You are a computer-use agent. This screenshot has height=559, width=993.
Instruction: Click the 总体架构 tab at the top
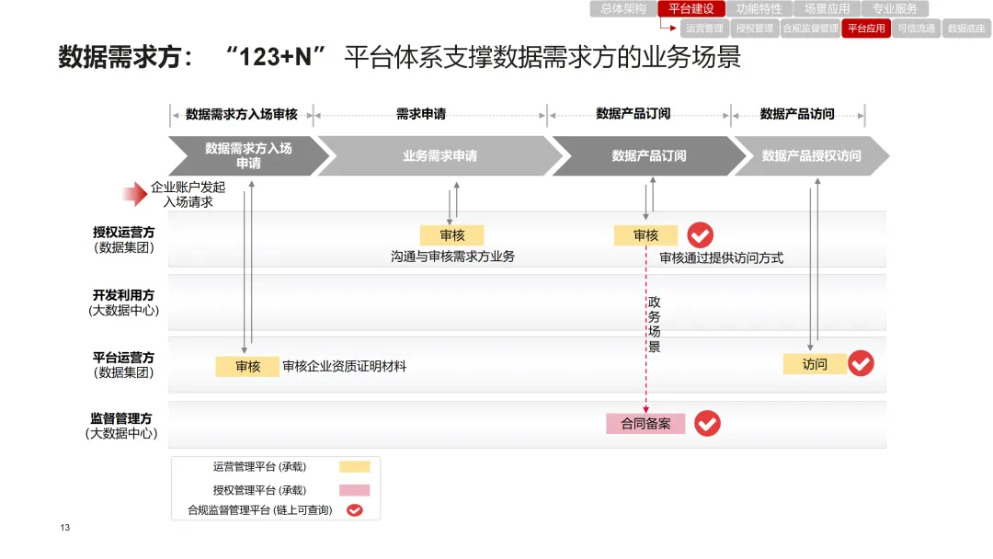pos(622,9)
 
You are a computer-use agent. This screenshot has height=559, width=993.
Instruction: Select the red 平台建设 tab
pos(691,9)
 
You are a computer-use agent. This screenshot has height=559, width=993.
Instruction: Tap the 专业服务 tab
pos(895,9)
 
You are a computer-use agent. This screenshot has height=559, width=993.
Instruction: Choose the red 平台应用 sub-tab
pos(866,29)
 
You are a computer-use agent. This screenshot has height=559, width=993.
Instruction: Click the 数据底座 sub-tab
pos(966,29)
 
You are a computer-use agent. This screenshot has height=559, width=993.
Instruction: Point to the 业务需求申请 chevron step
pos(439,156)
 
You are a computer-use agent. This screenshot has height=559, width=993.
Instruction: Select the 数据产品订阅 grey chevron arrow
pos(648,156)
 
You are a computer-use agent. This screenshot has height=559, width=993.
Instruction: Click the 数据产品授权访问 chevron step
pos(811,156)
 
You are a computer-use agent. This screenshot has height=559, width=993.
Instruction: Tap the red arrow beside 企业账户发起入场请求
pos(134,194)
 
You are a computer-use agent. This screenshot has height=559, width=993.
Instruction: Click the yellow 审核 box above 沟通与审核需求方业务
pos(451,235)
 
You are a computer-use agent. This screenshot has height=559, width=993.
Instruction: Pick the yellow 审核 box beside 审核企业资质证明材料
pos(247,366)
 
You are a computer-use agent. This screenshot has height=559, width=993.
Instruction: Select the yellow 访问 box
pos(815,364)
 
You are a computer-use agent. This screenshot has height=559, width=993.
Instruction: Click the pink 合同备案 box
pos(645,424)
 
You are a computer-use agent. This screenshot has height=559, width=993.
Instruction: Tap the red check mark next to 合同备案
pos(707,423)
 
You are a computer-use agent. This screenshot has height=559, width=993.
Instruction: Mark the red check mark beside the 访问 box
pos(861,363)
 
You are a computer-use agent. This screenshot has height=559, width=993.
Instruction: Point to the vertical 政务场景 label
pos(655,325)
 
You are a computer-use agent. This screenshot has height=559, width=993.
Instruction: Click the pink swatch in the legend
pos(354,490)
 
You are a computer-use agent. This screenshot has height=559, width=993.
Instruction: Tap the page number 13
pos(65,528)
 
